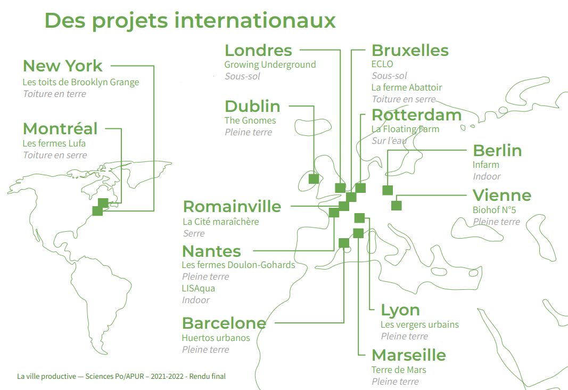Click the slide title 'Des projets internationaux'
[x=190, y=20]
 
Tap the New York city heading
[x=62, y=66]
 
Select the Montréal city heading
[x=60, y=128]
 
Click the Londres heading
[x=258, y=50]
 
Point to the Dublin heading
[x=252, y=106]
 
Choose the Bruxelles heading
[x=410, y=51]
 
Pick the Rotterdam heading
[x=416, y=115]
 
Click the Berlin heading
[x=497, y=150]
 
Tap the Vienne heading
[x=502, y=195]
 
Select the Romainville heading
[x=232, y=207]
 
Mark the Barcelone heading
[x=224, y=323]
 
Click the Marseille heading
[x=409, y=355]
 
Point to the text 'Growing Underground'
[x=270, y=64]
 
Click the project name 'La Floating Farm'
[x=405, y=129]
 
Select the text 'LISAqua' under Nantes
[x=199, y=288]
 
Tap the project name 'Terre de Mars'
[x=399, y=370]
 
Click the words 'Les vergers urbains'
[x=419, y=324]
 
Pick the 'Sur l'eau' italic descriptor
[x=389, y=141]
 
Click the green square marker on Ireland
[x=314, y=178]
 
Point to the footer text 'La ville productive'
[x=46, y=376]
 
